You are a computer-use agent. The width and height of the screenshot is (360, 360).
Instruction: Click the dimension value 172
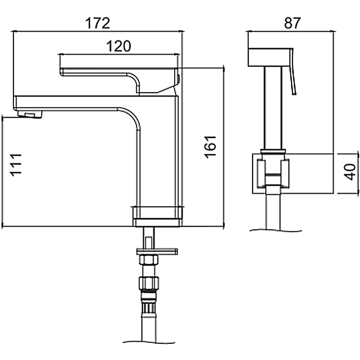coord(97,23)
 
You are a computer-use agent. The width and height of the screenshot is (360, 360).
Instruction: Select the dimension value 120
coord(118,46)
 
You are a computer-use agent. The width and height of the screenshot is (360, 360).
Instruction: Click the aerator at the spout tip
coord(29,114)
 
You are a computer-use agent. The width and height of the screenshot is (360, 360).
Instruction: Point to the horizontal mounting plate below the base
coord(157,251)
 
